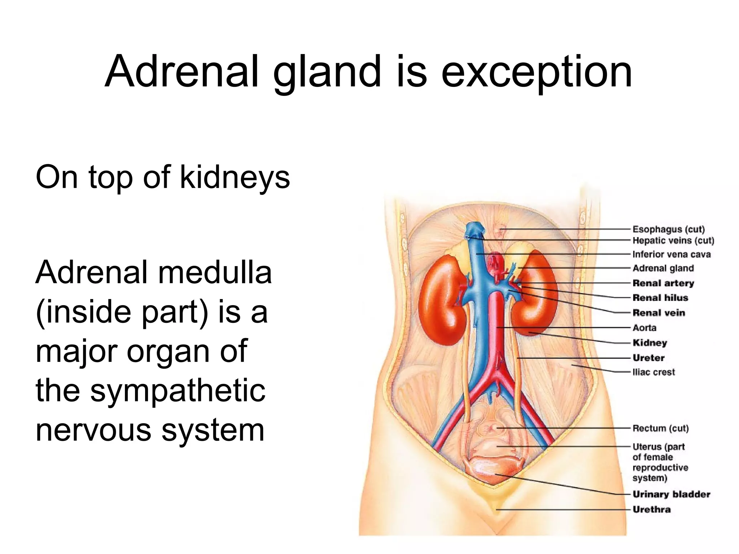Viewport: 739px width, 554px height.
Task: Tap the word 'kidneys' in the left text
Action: [x=235, y=177]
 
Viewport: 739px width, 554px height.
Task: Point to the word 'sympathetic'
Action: [x=178, y=391]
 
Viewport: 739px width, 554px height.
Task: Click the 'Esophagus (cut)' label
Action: [x=668, y=229]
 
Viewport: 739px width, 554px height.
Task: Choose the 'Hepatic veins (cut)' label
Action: [x=673, y=241]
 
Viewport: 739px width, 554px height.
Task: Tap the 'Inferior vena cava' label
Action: [x=672, y=254]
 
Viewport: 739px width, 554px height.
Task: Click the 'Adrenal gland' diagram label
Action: [x=663, y=268]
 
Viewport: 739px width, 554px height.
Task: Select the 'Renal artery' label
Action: [x=663, y=283]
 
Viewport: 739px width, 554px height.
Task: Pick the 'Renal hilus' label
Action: [x=660, y=298]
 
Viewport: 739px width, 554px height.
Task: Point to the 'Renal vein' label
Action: [x=659, y=313]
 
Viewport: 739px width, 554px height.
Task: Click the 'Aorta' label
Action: [x=644, y=328]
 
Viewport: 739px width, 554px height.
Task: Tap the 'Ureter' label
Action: [x=648, y=358]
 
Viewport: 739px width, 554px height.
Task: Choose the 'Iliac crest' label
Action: [x=653, y=372]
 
